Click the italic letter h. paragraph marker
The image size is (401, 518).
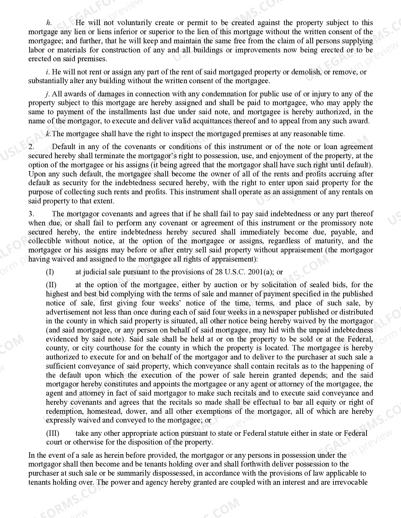pyautogui.click(x=48, y=23)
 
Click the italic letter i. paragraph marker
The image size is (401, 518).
pyautogui.click(x=48, y=72)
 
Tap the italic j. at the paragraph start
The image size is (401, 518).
pyautogui.click(x=48, y=94)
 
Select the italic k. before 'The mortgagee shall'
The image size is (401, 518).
pyautogui.click(x=48, y=134)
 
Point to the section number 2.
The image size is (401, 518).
pyautogui.click(x=31, y=147)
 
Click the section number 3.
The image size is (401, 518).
pyautogui.click(x=31, y=214)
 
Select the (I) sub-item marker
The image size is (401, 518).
pyautogui.click(x=50, y=272)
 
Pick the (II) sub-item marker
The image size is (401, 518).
pyautogui.click(x=51, y=285)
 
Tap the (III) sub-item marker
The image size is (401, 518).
pyautogui.click(x=53, y=434)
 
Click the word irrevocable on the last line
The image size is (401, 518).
pyautogui.click(x=350, y=483)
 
